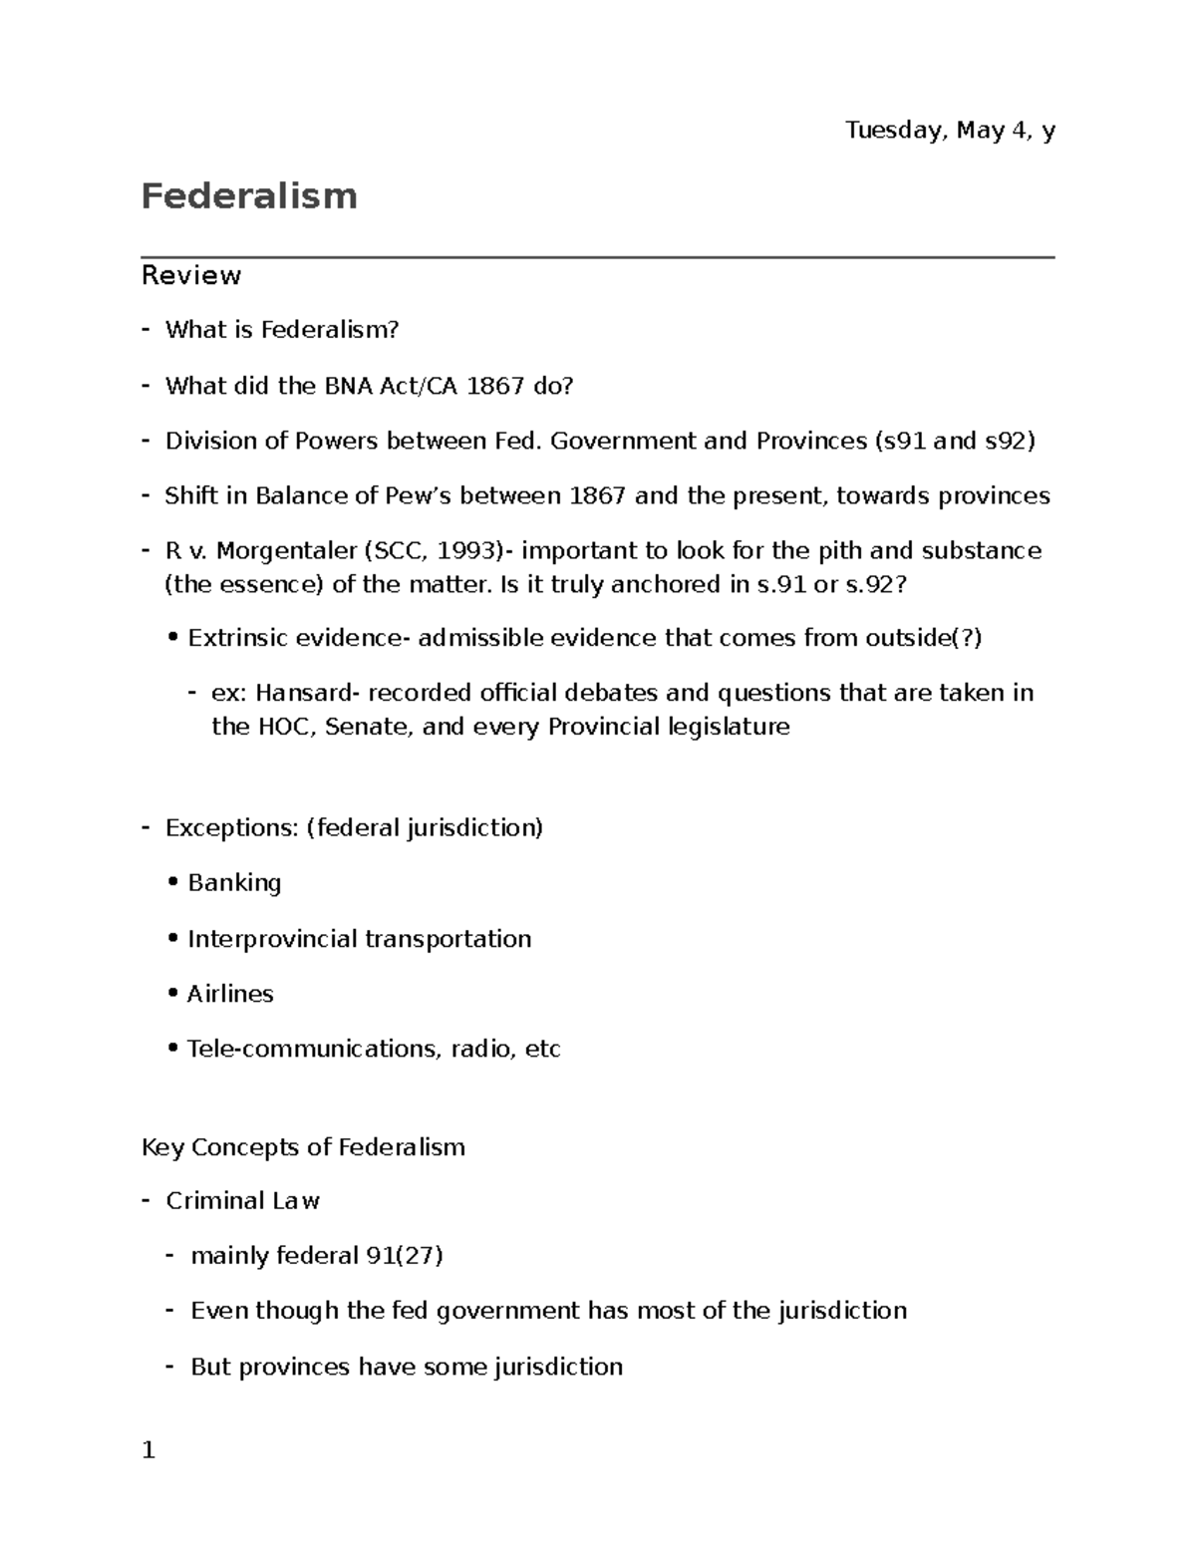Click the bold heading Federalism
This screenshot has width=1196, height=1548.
click(x=249, y=196)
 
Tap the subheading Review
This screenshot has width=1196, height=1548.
click(x=191, y=275)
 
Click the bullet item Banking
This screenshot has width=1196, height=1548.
click(x=234, y=883)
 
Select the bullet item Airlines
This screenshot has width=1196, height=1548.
click(x=230, y=994)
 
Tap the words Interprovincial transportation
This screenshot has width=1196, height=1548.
click(x=359, y=939)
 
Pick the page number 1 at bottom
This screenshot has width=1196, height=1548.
click(x=149, y=1450)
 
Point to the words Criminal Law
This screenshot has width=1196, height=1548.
click(x=242, y=1201)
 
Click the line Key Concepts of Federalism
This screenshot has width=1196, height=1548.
click(x=303, y=1147)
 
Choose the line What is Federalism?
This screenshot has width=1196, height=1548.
click(x=282, y=330)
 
